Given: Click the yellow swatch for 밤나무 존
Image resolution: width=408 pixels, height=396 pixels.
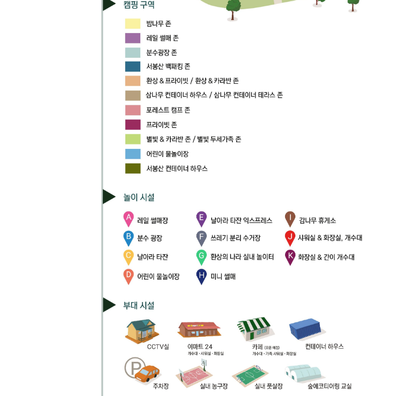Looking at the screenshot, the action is pos(133,23).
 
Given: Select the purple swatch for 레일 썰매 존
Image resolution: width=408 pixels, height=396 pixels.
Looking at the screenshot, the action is pos(133,38).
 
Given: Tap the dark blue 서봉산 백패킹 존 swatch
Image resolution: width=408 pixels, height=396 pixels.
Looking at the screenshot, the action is pos(133,67).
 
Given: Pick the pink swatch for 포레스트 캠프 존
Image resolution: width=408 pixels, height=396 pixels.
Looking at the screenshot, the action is pos(133,110).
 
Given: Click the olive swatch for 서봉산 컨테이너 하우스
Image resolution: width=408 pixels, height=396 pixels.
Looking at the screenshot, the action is pos(133,168).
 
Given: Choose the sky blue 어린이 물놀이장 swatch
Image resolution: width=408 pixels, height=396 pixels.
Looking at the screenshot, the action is pos(133,154).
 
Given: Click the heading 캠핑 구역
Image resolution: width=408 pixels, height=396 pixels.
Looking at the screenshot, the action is pos(139,5).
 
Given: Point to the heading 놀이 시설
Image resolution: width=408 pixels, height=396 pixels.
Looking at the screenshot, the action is pos(139,197).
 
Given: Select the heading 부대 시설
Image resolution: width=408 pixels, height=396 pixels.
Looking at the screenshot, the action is pos(139,305).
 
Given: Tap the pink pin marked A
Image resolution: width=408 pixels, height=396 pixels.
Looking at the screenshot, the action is pos(128,218).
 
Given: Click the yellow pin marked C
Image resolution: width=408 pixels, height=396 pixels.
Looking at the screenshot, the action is pos(128,256).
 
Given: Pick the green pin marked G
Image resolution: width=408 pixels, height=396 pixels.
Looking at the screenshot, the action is pos(201,256).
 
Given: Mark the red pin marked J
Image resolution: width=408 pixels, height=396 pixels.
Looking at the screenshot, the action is pos(290,237).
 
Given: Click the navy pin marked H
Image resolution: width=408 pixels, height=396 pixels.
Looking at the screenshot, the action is pos(201,275).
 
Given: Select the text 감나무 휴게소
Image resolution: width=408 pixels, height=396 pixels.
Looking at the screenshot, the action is pos(317,221).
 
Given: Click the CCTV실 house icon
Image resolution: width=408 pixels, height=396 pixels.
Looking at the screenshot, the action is pos(142,330).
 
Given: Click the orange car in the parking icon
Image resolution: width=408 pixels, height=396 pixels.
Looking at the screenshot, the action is pos(147,374).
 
